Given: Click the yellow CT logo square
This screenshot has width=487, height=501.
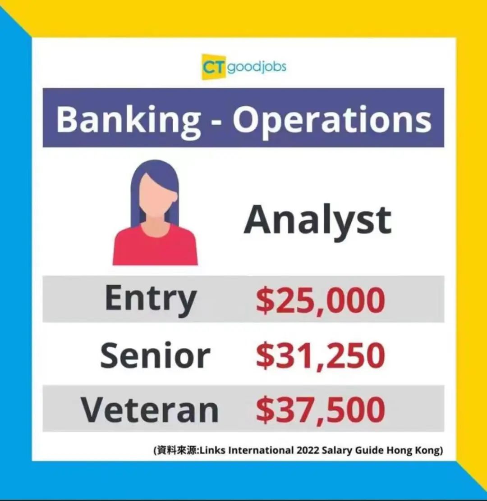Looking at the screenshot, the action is pos(214,67).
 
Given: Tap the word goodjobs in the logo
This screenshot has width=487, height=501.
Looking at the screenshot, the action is pos(257,68).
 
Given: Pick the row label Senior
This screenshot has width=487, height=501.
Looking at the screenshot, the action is pos(155,355).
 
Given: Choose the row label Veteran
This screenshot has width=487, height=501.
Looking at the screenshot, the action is pos(150,410).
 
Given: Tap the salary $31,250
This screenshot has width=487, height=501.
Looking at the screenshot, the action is pos(321,355).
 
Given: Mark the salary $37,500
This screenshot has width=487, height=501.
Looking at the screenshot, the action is pos(321,410).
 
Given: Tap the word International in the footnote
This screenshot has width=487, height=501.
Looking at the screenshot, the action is pos(261,450).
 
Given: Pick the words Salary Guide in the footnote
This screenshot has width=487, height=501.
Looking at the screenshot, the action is pos(353,451).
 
